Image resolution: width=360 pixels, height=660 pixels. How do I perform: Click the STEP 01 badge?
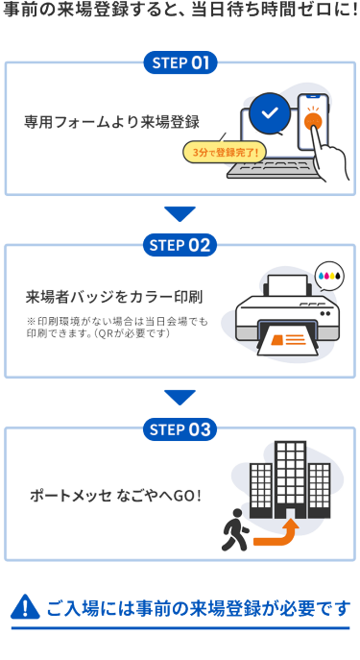tap(180, 62)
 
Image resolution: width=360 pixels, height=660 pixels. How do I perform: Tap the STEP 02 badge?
tap(180, 245)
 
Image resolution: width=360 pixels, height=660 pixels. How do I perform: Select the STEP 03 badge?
tap(180, 429)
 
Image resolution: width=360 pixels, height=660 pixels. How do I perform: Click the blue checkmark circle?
tap(270, 112)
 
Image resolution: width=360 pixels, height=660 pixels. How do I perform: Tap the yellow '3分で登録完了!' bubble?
tap(224, 152)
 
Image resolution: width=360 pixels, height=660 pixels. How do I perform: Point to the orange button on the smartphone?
tap(313, 121)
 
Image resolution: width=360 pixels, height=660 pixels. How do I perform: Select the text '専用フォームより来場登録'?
tap(111, 122)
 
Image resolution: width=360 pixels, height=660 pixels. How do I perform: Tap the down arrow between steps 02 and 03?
tap(180, 398)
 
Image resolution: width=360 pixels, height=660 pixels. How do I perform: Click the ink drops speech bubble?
tap(329, 277)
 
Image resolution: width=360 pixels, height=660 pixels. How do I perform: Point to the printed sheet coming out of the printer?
tap(287, 340)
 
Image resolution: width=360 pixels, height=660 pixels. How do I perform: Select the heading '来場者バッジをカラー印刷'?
tap(114, 297)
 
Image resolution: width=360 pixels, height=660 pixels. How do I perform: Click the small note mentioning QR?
tap(117, 328)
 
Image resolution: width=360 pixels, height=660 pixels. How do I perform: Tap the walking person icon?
tap(234, 530)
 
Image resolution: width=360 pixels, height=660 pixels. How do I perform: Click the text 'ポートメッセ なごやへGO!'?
tap(115, 496)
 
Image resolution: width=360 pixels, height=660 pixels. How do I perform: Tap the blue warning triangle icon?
tap(25, 607)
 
